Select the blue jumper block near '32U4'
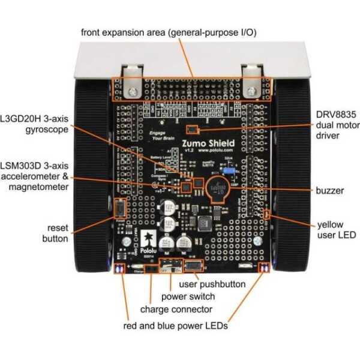click(x=229, y=171)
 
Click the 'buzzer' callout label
click(x=330, y=191)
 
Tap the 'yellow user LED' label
click(x=330, y=230)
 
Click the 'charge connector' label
click(x=176, y=310)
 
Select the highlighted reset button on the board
click(x=119, y=209)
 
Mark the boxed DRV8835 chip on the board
click(x=191, y=128)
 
